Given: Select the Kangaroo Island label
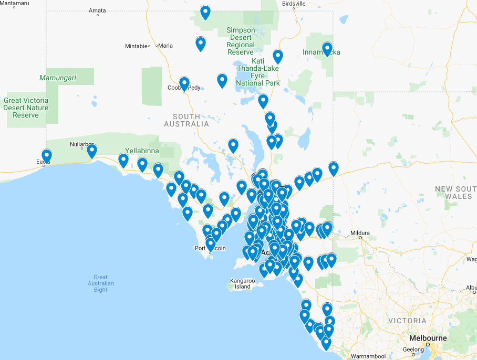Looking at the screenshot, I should coord(242,284).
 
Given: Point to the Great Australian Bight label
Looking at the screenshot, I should coord(100,283).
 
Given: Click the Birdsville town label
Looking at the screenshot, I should coord(294,4).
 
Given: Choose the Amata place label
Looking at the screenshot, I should coord(97,10).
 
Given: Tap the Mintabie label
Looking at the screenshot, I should coord(136,46).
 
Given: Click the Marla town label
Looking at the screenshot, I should coord(165,46).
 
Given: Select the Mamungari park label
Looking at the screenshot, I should coord(58,78).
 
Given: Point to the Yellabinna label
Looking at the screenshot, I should coord(142,151).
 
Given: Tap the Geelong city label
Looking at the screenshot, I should coord(413,350).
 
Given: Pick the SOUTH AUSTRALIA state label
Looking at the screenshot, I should coord(186,120).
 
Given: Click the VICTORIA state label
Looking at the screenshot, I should coord(407,321).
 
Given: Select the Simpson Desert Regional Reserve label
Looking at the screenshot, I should coord(241,41).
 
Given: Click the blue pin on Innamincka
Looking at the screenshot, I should coord(327,49).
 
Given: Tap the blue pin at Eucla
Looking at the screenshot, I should coord(47,155).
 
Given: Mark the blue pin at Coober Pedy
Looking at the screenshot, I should coord(184,83).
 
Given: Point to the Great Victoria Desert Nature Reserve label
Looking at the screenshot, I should coord(26,108).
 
